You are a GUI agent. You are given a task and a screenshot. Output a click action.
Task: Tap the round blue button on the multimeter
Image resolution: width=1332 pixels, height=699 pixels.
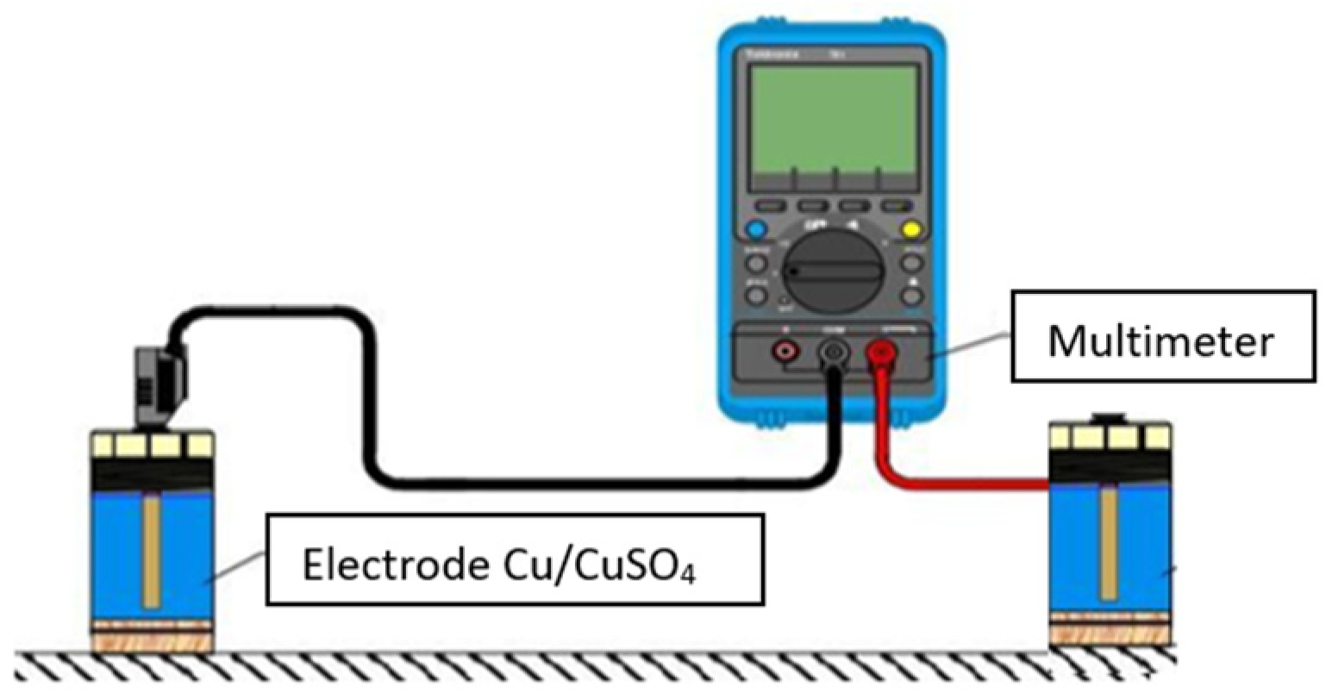[756, 230]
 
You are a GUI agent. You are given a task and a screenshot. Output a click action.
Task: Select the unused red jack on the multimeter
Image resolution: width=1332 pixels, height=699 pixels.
[785, 350]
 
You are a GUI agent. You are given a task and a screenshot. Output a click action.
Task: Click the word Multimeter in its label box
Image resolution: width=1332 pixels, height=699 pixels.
[1160, 341]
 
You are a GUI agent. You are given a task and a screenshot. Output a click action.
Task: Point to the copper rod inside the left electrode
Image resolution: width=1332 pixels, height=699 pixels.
[152, 552]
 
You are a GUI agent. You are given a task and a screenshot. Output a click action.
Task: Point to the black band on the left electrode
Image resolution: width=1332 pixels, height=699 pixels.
[152, 472]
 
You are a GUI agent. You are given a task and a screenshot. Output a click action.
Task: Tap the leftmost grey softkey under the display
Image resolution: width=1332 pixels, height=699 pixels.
[771, 207]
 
